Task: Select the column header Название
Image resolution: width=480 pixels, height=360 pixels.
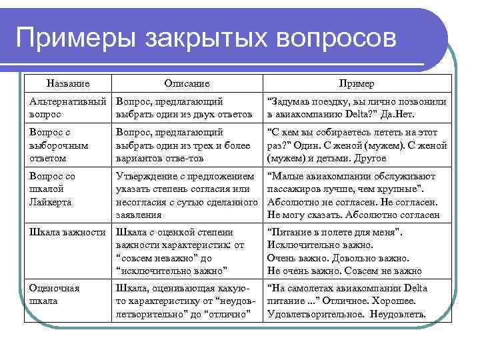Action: (x=68, y=83)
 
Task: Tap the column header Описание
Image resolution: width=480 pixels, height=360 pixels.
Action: (x=187, y=83)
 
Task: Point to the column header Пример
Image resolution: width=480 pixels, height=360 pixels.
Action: (x=357, y=83)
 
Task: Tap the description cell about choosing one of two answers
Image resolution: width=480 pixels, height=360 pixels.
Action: (x=184, y=107)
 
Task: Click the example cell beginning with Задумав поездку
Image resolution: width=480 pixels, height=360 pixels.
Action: (x=357, y=107)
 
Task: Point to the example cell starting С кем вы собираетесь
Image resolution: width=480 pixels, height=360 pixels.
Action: (x=357, y=145)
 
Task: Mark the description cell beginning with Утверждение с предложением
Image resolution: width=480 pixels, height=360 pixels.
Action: (x=186, y=195)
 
